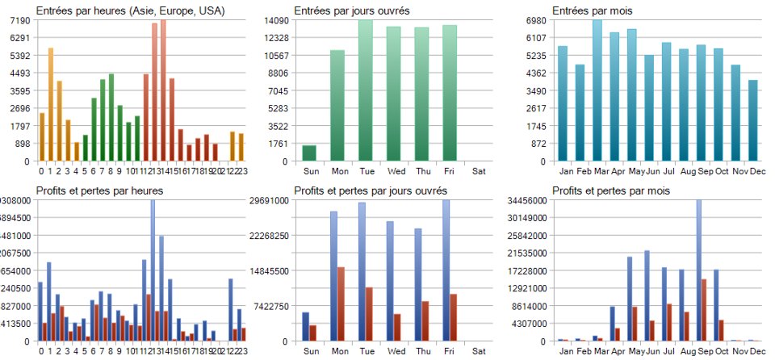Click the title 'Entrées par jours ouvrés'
click(351, 11)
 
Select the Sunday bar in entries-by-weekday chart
click(309, 153)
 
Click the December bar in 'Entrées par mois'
click(752, 120)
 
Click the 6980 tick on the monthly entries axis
click(537, 20)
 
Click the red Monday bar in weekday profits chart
click(341, 303)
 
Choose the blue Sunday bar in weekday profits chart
click(305, 326)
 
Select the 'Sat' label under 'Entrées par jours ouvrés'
click(479, 171)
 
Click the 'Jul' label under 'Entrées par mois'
click(667, 171)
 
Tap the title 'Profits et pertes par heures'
click(99, 190)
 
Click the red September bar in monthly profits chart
click(704, 310)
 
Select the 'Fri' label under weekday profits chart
click(450, 351)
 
